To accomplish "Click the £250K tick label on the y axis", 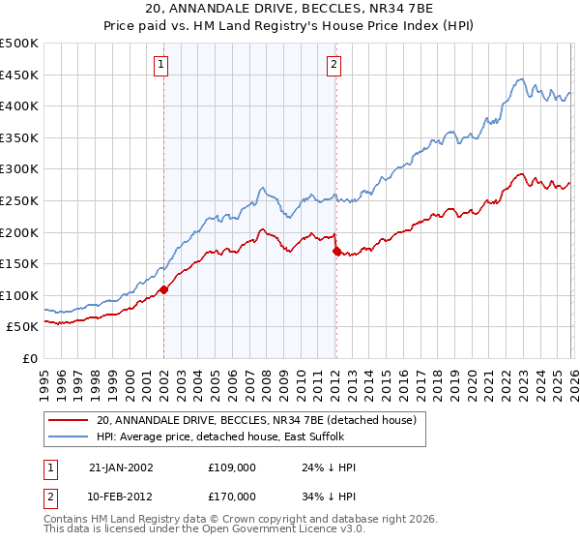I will click(x=19, y=200).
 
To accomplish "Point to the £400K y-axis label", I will click(x=19, y=105).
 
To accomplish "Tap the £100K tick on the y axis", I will click(x=19, y=295).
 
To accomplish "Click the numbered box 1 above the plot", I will click(x=162, y=65).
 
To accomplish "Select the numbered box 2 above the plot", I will click(x=333, y=65).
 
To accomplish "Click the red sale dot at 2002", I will click(x=164, y=289).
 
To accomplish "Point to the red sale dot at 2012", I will click(x=335, y=251).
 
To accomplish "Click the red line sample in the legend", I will click(x=69, y=420).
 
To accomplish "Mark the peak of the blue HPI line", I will click(x=521, y=78).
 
